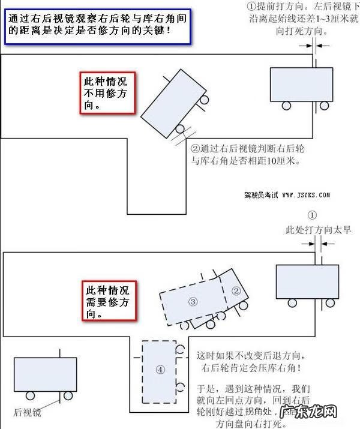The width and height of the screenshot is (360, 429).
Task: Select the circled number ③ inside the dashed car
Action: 193,301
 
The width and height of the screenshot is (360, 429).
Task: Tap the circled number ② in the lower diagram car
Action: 236,292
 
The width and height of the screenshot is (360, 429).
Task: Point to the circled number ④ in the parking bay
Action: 160,370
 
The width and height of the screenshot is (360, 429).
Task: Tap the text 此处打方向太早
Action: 319,230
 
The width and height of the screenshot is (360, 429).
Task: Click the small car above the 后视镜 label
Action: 44,374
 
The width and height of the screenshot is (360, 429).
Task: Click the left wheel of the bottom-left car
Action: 30,396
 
